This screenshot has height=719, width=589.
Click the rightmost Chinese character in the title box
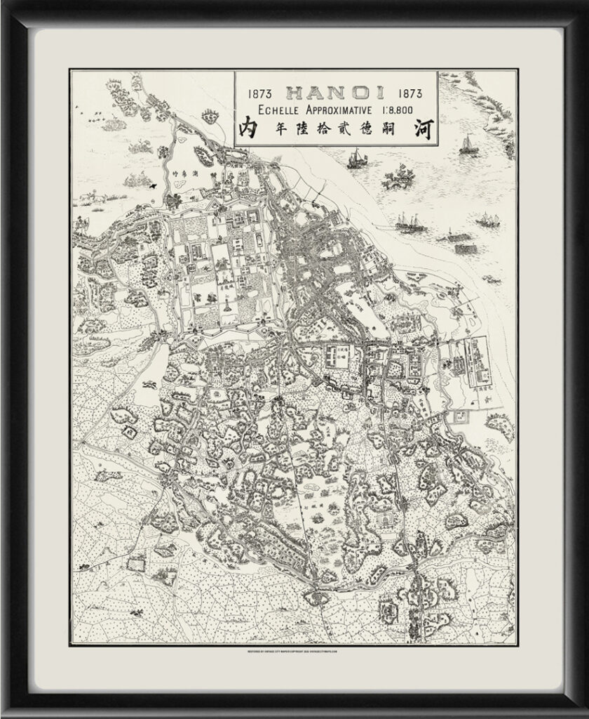click(x=421, y=129)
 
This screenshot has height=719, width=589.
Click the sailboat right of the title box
click(x=468, y=145)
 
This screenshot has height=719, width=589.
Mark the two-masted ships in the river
click(x=410, y=223)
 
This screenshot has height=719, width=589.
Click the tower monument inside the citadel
click(x=230, y=307)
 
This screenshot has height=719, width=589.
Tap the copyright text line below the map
click(x=294, y=651)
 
